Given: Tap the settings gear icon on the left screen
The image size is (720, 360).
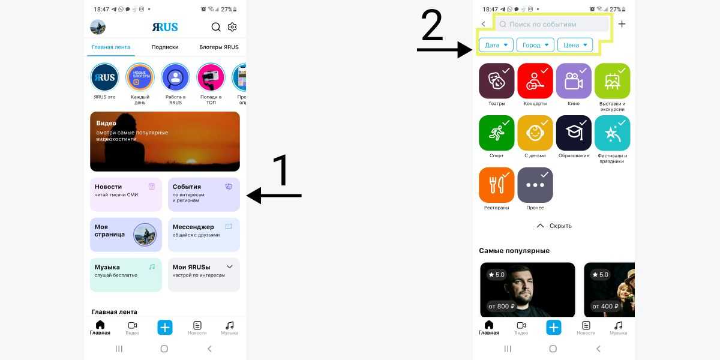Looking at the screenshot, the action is coord(232,27).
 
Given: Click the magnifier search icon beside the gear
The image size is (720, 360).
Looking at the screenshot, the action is coord(216,27).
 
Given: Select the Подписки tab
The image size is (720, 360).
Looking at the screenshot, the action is coord(165,47).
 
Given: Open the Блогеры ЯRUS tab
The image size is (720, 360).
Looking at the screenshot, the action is coord(219,47).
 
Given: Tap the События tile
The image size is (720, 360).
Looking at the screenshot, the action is coord(204,194).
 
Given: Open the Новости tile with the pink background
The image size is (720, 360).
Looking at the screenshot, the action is coord(126,194).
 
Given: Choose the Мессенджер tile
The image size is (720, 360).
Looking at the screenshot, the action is coord(204,235).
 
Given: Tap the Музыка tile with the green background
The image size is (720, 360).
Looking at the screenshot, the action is coord(126,275).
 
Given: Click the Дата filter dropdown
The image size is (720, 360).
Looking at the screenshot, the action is coord(496,45).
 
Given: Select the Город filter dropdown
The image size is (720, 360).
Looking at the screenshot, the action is coord(535,45).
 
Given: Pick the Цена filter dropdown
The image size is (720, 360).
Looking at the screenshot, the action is coord(575,45).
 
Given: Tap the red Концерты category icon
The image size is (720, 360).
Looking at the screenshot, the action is coord(535,80).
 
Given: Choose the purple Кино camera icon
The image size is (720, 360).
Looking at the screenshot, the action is coord(574,80).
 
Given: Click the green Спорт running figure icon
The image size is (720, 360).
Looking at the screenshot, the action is coord(497,133).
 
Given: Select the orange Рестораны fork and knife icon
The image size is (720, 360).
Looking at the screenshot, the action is coord(497,185).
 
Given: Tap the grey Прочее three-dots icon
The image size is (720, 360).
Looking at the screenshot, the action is coord(535,185).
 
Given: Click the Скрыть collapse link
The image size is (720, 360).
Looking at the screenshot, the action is coord(554,226).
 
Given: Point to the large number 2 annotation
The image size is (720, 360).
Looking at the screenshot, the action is coord(432,25).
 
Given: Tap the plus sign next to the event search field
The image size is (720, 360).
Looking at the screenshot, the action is coord(622,24).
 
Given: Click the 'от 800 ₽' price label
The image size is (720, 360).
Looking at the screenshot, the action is coord(502,307).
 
